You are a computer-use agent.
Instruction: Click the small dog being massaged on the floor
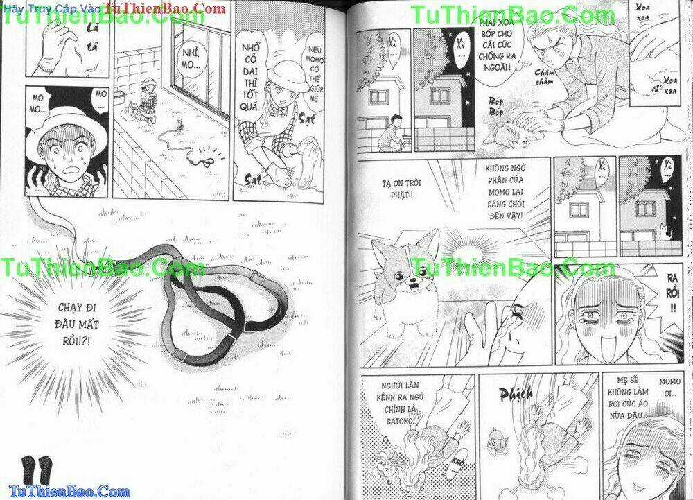tap(514, 132)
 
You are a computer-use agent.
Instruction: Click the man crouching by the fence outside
tap(395, 133)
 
